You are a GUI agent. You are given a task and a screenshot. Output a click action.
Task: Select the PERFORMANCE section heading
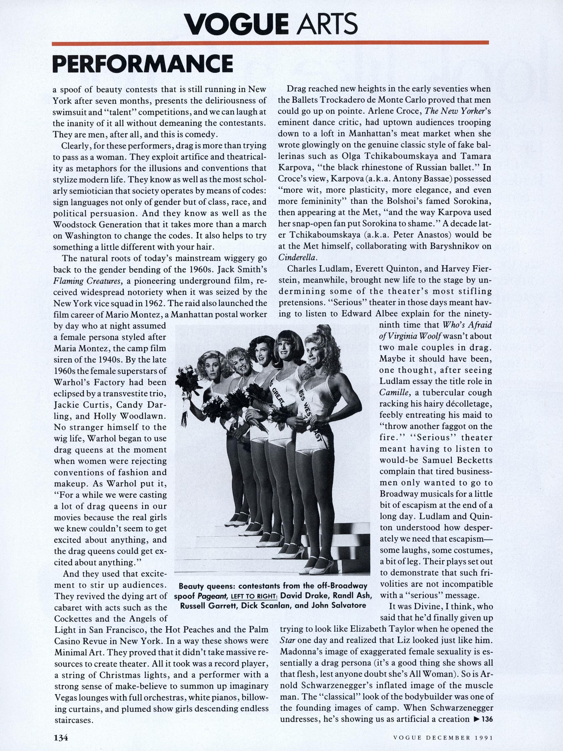pyautogui.click(x=143, y=63)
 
